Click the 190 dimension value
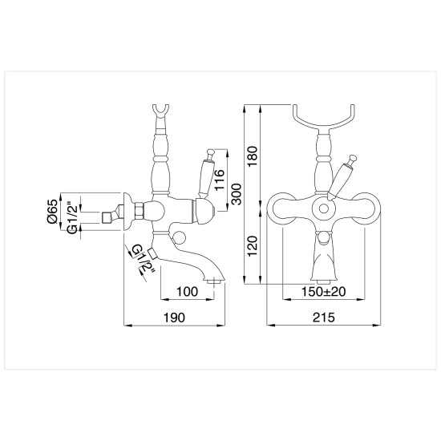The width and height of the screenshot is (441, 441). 174,318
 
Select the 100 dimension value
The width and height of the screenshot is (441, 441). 188,292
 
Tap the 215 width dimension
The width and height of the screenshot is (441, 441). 324,318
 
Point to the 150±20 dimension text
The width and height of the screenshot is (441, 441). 323,292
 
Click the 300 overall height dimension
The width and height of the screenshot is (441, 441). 237,194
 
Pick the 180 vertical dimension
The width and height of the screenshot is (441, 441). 253,156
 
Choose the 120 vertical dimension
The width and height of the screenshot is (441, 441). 253,246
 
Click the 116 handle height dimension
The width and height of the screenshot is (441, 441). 220,180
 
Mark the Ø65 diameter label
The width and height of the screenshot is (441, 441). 53,212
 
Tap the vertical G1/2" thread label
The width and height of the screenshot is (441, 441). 72,216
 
